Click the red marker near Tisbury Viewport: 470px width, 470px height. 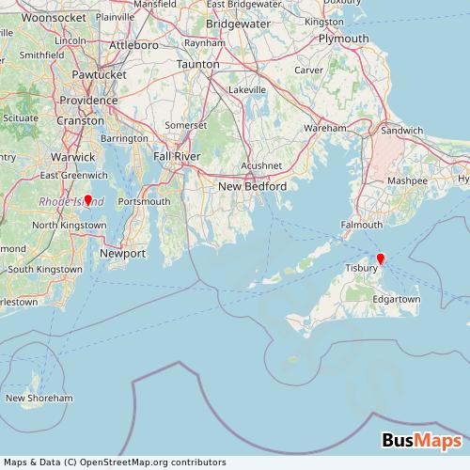pos(381,258)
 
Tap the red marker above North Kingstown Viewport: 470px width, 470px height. pos(87,199)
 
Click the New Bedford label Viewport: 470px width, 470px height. pos(252,186)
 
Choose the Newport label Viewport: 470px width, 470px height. pos(123,254)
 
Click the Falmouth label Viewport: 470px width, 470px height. pos(362,225)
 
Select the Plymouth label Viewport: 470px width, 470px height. pos(343,39)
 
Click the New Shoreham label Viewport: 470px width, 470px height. pos(39,399)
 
